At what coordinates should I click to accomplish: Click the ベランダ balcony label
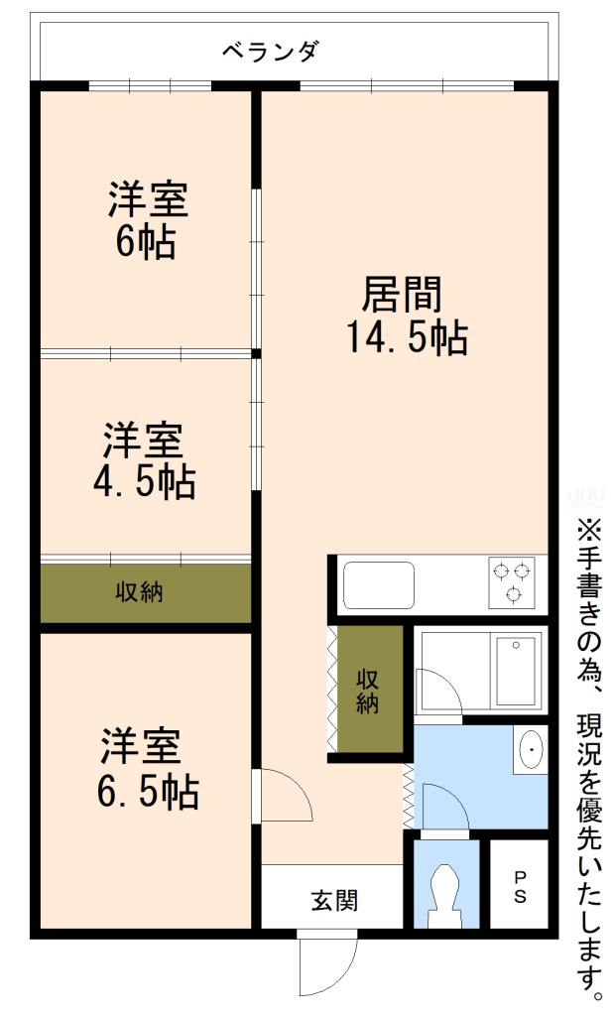[271, 52]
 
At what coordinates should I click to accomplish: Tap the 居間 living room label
[402, 294]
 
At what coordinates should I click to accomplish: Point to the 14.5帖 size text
[408, 337]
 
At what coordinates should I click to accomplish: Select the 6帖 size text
[146, 242]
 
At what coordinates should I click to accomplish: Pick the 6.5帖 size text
[148, 791]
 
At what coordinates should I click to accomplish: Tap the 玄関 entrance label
[334, 900]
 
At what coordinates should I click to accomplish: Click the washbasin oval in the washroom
[531, 750]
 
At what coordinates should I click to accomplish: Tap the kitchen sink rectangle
[379, 585]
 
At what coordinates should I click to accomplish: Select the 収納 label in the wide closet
[139, 592]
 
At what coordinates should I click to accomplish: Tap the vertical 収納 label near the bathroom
[367, 690]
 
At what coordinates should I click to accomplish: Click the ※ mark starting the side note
[588, 527]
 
